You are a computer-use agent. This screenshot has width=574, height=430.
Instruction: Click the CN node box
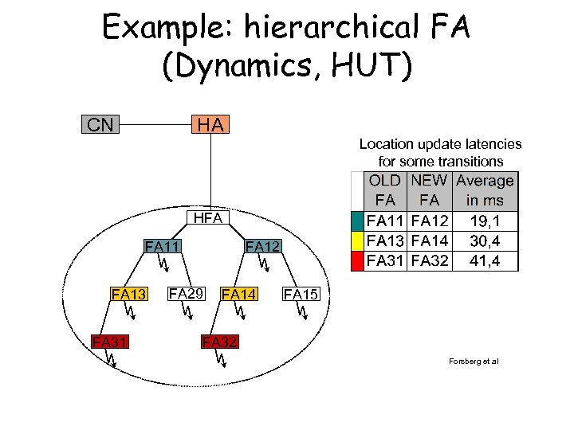(100, 124)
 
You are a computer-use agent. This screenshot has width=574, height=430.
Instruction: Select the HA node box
(210, 124)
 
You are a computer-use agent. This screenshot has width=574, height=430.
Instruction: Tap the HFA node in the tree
(207, 218)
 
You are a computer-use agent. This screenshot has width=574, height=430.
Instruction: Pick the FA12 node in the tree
(262, 247)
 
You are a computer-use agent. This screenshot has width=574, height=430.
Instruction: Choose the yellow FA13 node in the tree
(128, 295)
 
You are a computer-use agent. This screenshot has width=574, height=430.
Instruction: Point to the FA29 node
(184, 293)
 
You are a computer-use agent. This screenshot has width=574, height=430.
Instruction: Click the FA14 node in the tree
(238, 295)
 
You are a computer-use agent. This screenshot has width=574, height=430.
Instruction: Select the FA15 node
(301, 295)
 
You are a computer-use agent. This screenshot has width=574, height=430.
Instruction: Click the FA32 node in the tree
(219, 342)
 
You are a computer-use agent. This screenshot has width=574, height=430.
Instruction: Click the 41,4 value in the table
(485, 260)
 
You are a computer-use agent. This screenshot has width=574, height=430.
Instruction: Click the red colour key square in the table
(356, 260)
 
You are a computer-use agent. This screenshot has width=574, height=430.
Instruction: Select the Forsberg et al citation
(474, 362)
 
